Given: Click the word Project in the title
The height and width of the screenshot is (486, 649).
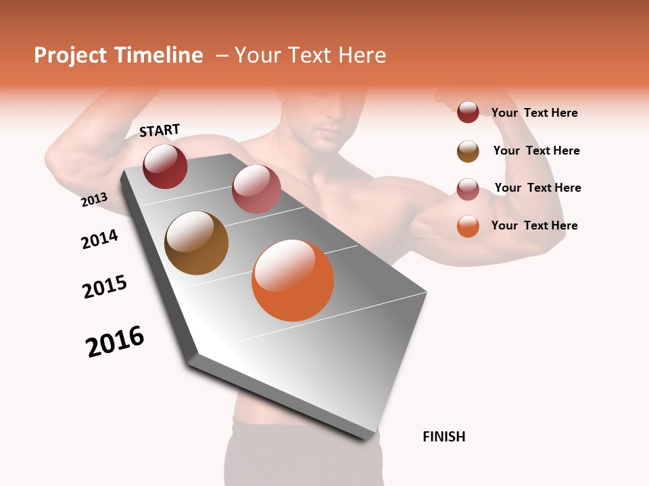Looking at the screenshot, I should [x=71, y=55].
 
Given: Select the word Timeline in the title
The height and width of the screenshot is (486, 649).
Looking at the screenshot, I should [x=159, y=55].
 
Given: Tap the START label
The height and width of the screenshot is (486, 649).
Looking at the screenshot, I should [x=160, y=130].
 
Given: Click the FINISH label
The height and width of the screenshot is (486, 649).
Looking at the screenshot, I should [x=444, y=437].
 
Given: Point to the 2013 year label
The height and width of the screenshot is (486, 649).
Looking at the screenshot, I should [x=94, y=199].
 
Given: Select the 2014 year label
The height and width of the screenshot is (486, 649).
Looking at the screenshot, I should [x=99, y=239].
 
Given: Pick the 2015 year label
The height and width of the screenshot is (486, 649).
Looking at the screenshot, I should [x=105, y=287].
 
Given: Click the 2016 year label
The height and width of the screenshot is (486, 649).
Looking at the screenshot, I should [x=115, y=342].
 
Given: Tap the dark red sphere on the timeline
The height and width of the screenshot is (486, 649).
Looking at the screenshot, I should [x=165, y=166].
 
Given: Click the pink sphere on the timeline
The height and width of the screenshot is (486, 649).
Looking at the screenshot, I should [x=256, y=189].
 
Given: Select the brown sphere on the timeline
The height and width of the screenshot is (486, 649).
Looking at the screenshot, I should [x=197, y=243].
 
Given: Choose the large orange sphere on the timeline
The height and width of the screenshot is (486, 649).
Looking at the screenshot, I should [x=293, y=280].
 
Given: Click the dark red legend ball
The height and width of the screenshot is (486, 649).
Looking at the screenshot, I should [x=468, y=112].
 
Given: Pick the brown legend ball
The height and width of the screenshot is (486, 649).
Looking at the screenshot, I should [x=468, y=151].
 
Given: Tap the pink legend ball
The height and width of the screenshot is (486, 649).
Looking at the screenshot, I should [x=468, y=189].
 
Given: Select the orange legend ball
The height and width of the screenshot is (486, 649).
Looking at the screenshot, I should [x=468, y=226].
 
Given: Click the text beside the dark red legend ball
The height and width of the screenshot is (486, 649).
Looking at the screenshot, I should [x=535, y=113].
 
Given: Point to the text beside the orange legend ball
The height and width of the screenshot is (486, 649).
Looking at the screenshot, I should [x=535, y=225].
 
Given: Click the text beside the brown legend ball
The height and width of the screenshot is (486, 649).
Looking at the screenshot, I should [x=537, y=151].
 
